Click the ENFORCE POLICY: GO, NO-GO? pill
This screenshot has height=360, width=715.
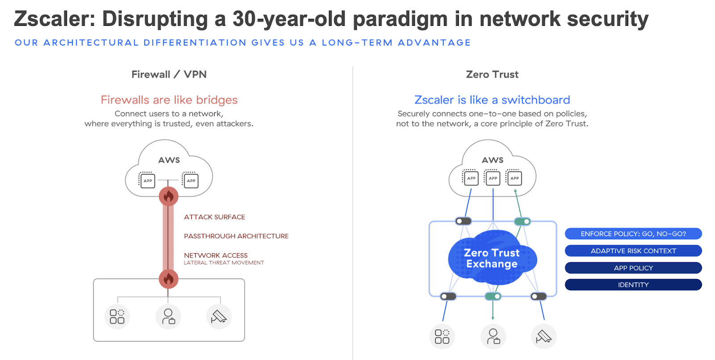633,234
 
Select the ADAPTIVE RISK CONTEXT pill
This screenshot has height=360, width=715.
633,251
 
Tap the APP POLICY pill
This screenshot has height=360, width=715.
633,268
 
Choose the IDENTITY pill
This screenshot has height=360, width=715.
633,285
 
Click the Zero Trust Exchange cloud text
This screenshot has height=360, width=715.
492,259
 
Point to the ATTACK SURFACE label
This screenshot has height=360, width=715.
214,217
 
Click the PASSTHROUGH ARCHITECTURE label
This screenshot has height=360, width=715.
236,236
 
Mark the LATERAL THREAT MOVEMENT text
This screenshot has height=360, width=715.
224,263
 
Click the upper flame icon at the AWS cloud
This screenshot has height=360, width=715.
168,196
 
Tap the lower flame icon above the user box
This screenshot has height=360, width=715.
168,279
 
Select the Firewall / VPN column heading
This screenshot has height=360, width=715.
169,75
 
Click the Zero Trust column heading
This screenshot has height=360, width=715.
492,75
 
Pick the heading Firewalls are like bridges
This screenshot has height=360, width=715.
169,100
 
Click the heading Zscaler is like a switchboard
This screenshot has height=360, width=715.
492,100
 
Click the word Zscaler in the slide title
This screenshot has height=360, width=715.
54,19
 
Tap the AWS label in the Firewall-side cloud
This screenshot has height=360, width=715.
169,160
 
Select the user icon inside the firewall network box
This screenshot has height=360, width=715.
168,316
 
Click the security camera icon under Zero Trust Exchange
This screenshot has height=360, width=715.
543,336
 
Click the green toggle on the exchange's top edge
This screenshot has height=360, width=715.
522,221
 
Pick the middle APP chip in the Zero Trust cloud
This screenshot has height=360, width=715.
493,178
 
